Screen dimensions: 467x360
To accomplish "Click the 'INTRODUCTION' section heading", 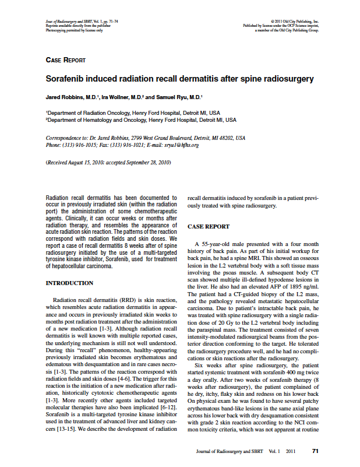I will tap(69, 283).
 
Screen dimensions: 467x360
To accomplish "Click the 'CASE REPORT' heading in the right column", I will tap(208, 226).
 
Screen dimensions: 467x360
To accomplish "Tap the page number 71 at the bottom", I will tap(315, 451).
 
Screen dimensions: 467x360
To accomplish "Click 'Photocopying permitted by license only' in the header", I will tap(74, 30).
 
